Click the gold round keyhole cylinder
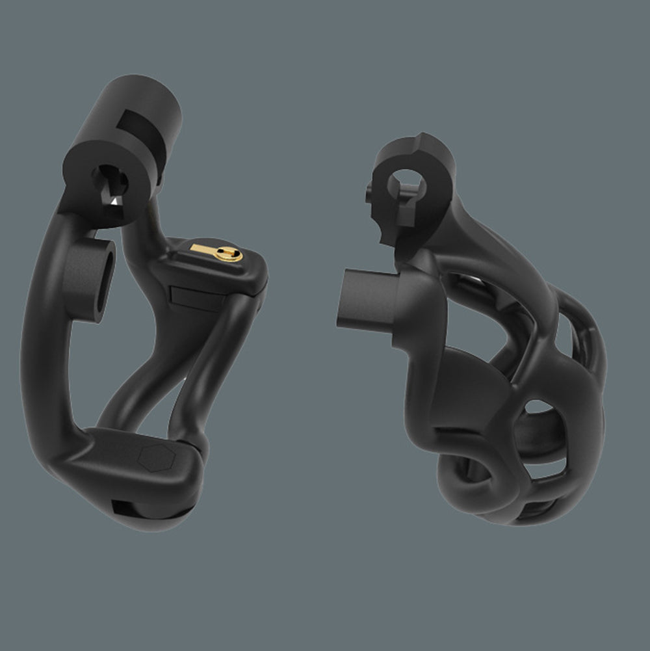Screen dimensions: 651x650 tap(229, 253)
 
